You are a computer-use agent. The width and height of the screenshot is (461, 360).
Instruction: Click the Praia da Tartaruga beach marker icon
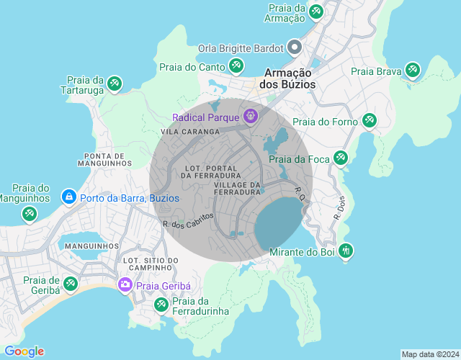(x=114, y=85)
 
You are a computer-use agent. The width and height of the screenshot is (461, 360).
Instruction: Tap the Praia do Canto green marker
(x=236, y=67)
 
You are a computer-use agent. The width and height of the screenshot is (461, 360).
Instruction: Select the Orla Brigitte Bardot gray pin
(x=294, y=48)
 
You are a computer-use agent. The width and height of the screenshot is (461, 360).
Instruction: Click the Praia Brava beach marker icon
(x=412, y=70)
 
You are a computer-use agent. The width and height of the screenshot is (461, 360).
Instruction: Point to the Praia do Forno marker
(x=369, y=121)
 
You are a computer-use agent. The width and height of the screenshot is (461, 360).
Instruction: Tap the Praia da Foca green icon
(x=341, y=158)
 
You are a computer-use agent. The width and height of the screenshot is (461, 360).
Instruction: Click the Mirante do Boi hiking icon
(x=346, y=251)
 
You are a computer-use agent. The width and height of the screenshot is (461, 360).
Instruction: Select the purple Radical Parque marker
(x=250, y=116)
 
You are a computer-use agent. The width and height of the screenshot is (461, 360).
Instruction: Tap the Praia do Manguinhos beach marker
(x=29, y=214)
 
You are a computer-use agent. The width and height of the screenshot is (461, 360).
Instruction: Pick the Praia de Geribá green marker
(x=70, y=284)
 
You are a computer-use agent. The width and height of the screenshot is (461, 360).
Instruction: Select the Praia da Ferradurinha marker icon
(x=161, y=305)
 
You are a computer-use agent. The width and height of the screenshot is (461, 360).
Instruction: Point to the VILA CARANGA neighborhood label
(x=190, y=132)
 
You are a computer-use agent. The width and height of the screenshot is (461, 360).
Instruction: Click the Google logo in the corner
(x=24, y=351)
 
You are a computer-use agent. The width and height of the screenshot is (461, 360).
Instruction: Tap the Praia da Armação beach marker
(x=315, y=12)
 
